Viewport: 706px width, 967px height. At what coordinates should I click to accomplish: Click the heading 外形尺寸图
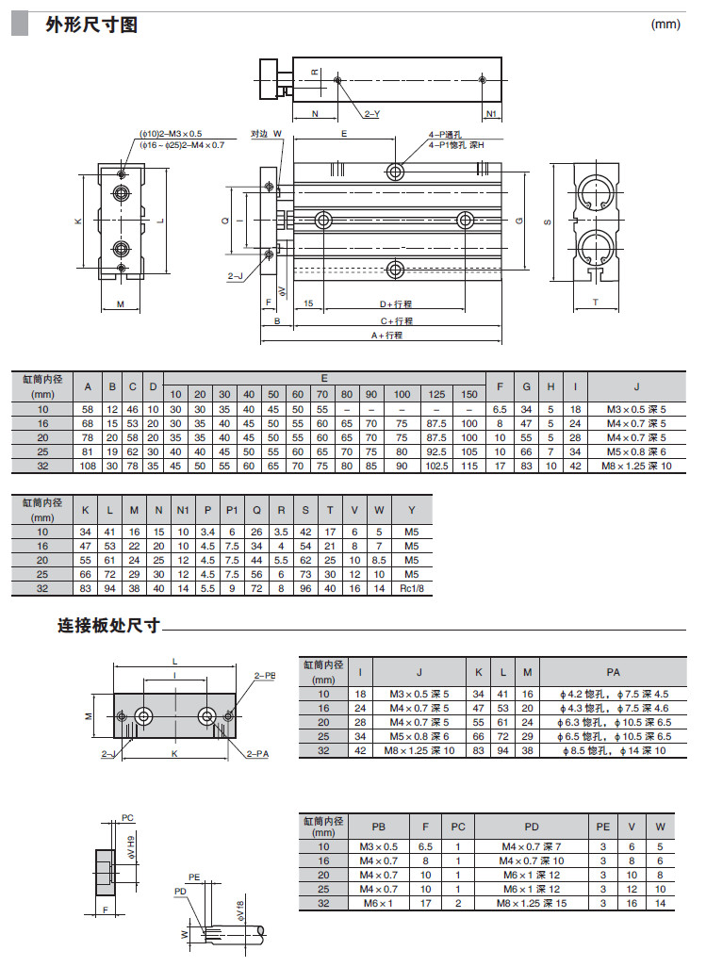click(x=91, y=25)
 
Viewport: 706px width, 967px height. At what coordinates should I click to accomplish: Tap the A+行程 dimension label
click(x=386, y=336)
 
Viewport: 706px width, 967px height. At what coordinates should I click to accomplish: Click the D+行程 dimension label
click(x=396, y=304)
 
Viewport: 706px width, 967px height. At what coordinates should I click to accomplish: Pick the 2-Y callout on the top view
click(x=371, y=115)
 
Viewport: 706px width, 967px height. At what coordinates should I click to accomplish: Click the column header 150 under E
click(x=468, y=394)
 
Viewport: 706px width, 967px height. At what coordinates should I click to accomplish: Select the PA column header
click(x=613, y=673)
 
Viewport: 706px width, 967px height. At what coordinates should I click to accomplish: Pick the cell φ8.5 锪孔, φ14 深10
click(x=613, y=750)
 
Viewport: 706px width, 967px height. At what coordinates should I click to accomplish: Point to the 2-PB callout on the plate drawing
click(x=265, y=676)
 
